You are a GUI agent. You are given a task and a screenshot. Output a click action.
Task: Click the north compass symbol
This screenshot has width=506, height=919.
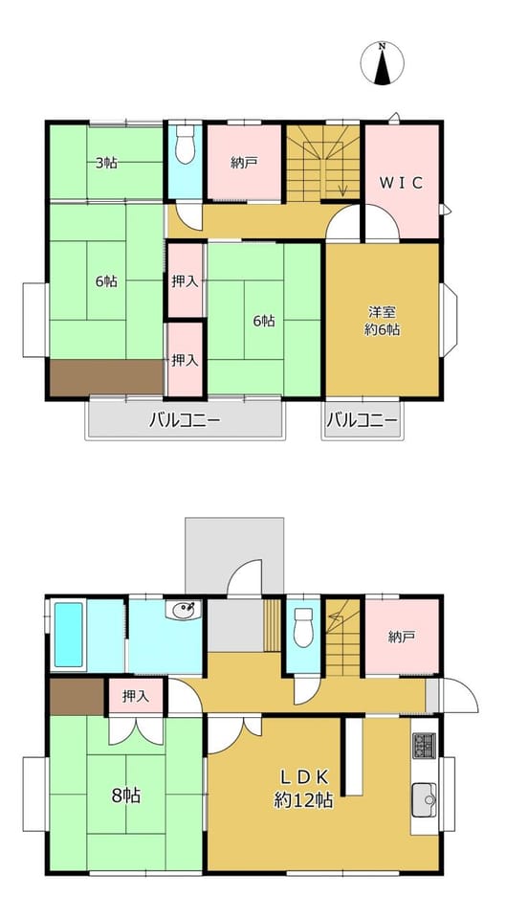(382, 63)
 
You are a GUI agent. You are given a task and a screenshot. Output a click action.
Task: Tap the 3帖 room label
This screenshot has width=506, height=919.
(106, 163)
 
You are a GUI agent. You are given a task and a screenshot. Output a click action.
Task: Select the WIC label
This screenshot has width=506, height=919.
(401, 183)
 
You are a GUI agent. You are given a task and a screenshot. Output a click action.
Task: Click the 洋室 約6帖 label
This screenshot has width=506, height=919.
(382, 321)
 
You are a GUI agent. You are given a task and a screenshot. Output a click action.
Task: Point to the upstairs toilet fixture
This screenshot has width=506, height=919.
(185, 144)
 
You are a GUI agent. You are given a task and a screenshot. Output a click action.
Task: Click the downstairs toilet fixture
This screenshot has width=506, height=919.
(303, 628)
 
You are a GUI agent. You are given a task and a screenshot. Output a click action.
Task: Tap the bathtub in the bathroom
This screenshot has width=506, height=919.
(69, 635)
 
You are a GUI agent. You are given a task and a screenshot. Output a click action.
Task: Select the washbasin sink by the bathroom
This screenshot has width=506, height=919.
(183, 610)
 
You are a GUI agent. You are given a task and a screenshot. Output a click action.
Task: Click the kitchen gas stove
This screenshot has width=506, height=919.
(424, 746)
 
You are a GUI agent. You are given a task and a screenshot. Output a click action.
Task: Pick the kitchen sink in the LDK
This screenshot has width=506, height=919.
(424, 798)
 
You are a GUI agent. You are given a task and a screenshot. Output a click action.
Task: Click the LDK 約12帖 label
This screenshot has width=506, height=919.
(304, 788)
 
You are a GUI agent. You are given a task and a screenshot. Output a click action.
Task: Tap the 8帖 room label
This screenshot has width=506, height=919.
(126, 796)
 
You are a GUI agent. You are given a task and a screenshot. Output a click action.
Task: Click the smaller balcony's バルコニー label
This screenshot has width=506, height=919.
(362, 420)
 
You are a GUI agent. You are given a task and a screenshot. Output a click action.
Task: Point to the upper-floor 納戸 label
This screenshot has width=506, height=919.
(244, 164)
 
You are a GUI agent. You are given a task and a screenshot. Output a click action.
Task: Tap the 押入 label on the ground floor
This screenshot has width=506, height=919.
(135, 696)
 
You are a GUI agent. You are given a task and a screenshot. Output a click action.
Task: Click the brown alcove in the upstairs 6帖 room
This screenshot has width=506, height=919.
(106, 378)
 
